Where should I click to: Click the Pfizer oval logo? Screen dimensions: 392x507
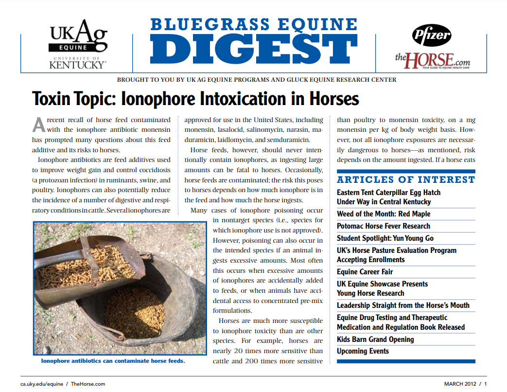431,35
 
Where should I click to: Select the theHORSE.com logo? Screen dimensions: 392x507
432,60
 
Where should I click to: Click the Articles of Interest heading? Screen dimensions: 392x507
406,179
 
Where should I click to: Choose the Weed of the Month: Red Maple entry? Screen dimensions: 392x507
384,214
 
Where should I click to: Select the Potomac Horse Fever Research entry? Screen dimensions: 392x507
384,226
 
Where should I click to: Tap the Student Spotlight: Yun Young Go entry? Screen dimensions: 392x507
385,238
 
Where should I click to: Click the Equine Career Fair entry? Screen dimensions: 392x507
365,272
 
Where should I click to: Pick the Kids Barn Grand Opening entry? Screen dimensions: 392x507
375,339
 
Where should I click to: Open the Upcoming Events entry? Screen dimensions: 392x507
363,351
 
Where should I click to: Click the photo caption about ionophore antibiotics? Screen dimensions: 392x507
113,361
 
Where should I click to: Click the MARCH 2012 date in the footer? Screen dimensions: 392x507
460,384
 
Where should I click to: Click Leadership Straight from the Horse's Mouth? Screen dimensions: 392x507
403,305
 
